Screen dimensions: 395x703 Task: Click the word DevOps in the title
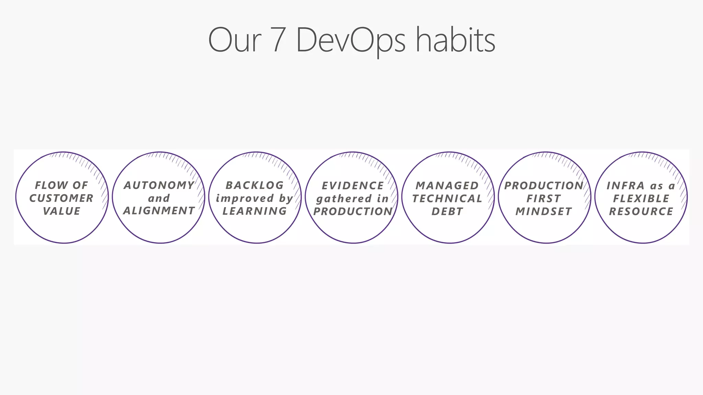coord(350,40)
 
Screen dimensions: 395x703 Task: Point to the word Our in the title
coord(234,40)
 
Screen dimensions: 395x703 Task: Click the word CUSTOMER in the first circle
coord(61,198)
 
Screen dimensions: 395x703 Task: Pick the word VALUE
coord(62,211)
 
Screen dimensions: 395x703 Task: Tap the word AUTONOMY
coord(159,185)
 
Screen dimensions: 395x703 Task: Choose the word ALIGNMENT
coord(159,211)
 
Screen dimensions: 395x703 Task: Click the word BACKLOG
coord(255,185)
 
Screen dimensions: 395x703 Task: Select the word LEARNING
coord(255,211)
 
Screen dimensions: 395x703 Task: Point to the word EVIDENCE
coord(353,186)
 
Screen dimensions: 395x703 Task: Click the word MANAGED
coord(447,186)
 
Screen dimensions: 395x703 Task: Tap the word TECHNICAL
coord(447,199)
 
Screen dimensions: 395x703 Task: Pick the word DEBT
coord(447,212)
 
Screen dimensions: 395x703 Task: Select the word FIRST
coord(544,199)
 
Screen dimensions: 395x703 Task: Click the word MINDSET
coord(544,212)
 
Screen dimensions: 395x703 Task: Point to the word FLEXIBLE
coord(641,199)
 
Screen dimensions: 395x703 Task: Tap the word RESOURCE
coord(641,212)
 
